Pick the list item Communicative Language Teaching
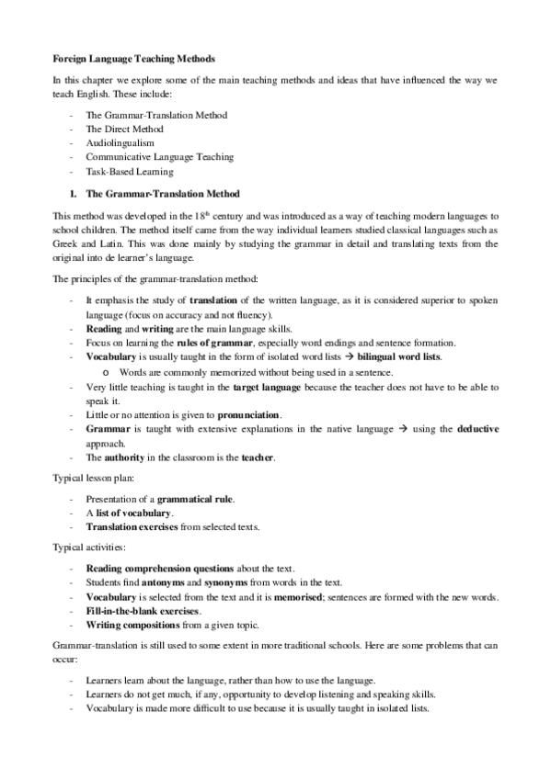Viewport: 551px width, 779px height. (159, 157)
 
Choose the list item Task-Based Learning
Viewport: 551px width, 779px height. (129, 171)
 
